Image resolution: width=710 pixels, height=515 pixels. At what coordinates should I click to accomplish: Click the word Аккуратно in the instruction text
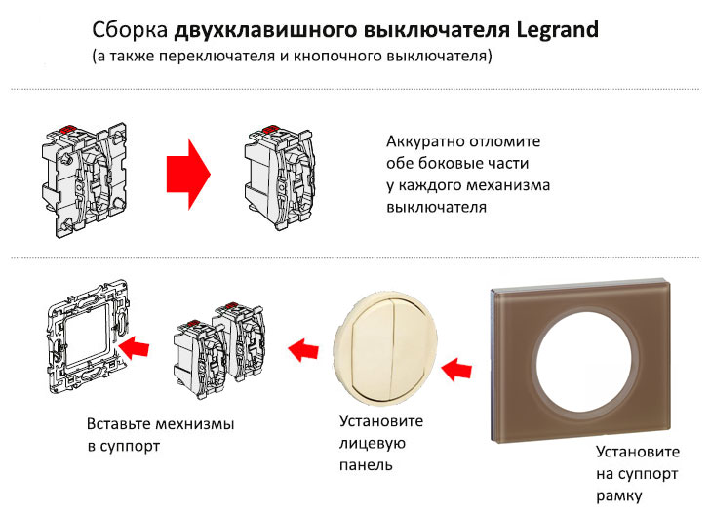tap(431, 141)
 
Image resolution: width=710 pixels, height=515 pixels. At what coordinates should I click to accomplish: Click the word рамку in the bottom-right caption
tap(621, 495)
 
